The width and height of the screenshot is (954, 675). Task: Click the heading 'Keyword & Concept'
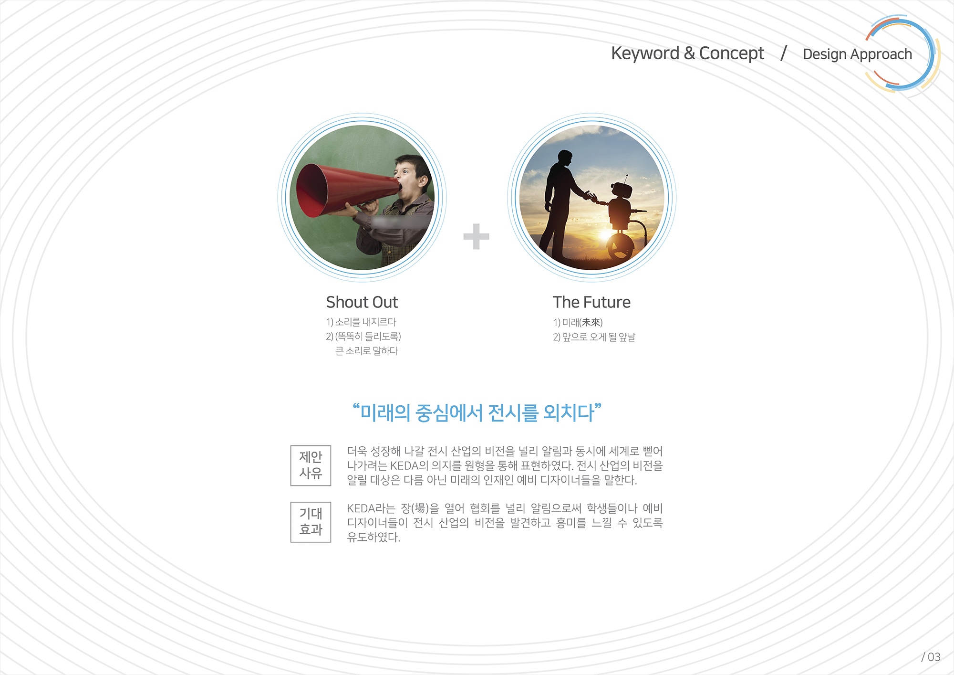(687, 53)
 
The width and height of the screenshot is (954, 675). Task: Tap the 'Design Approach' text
(857, 54)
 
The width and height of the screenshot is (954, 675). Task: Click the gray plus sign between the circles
(476, 236)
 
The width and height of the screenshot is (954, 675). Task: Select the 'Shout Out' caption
(362, 302)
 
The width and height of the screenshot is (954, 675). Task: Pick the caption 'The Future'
(591, 302)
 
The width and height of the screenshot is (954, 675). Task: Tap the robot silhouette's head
(621, 190)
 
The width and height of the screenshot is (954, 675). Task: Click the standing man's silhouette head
(565, 158)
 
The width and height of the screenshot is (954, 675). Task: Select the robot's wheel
(620, 245)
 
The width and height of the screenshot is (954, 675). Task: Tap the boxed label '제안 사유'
(311, 465)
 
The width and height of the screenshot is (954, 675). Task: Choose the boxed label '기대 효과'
(311, 522)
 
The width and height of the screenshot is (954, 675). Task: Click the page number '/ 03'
(931, 657)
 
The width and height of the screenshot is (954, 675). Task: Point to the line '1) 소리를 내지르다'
(361, 322)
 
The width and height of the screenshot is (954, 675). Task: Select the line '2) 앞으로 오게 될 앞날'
(594, 337)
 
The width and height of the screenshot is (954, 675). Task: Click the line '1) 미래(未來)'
(578, 323)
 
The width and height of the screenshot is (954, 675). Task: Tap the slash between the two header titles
(783, 53)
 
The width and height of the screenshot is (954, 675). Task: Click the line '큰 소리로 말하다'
(366, 351)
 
